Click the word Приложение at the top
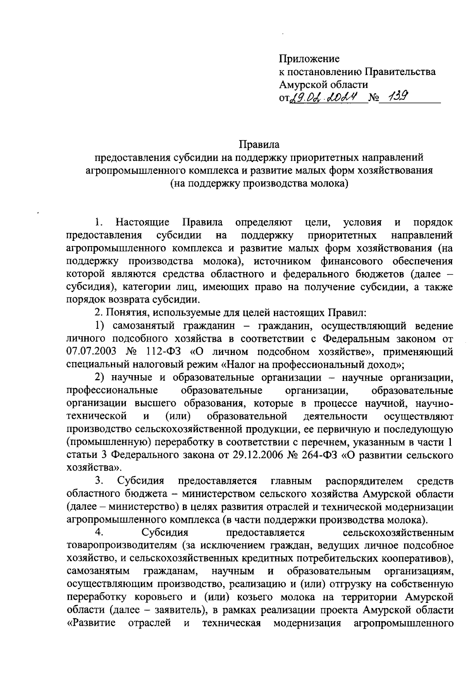pyautogui.click(x=309, y=59)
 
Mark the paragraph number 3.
pyautogui.click(x=99, y=481)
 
